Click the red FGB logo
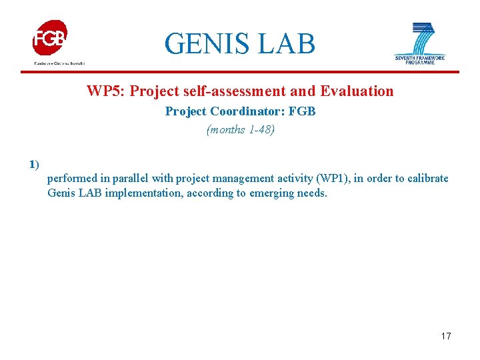pos(51,38)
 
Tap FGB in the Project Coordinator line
pos(301,111)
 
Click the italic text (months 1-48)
pos(240,130)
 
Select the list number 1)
pos(34,164)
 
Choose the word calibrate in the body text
pos(427,179)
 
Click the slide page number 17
pos(446,336)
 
